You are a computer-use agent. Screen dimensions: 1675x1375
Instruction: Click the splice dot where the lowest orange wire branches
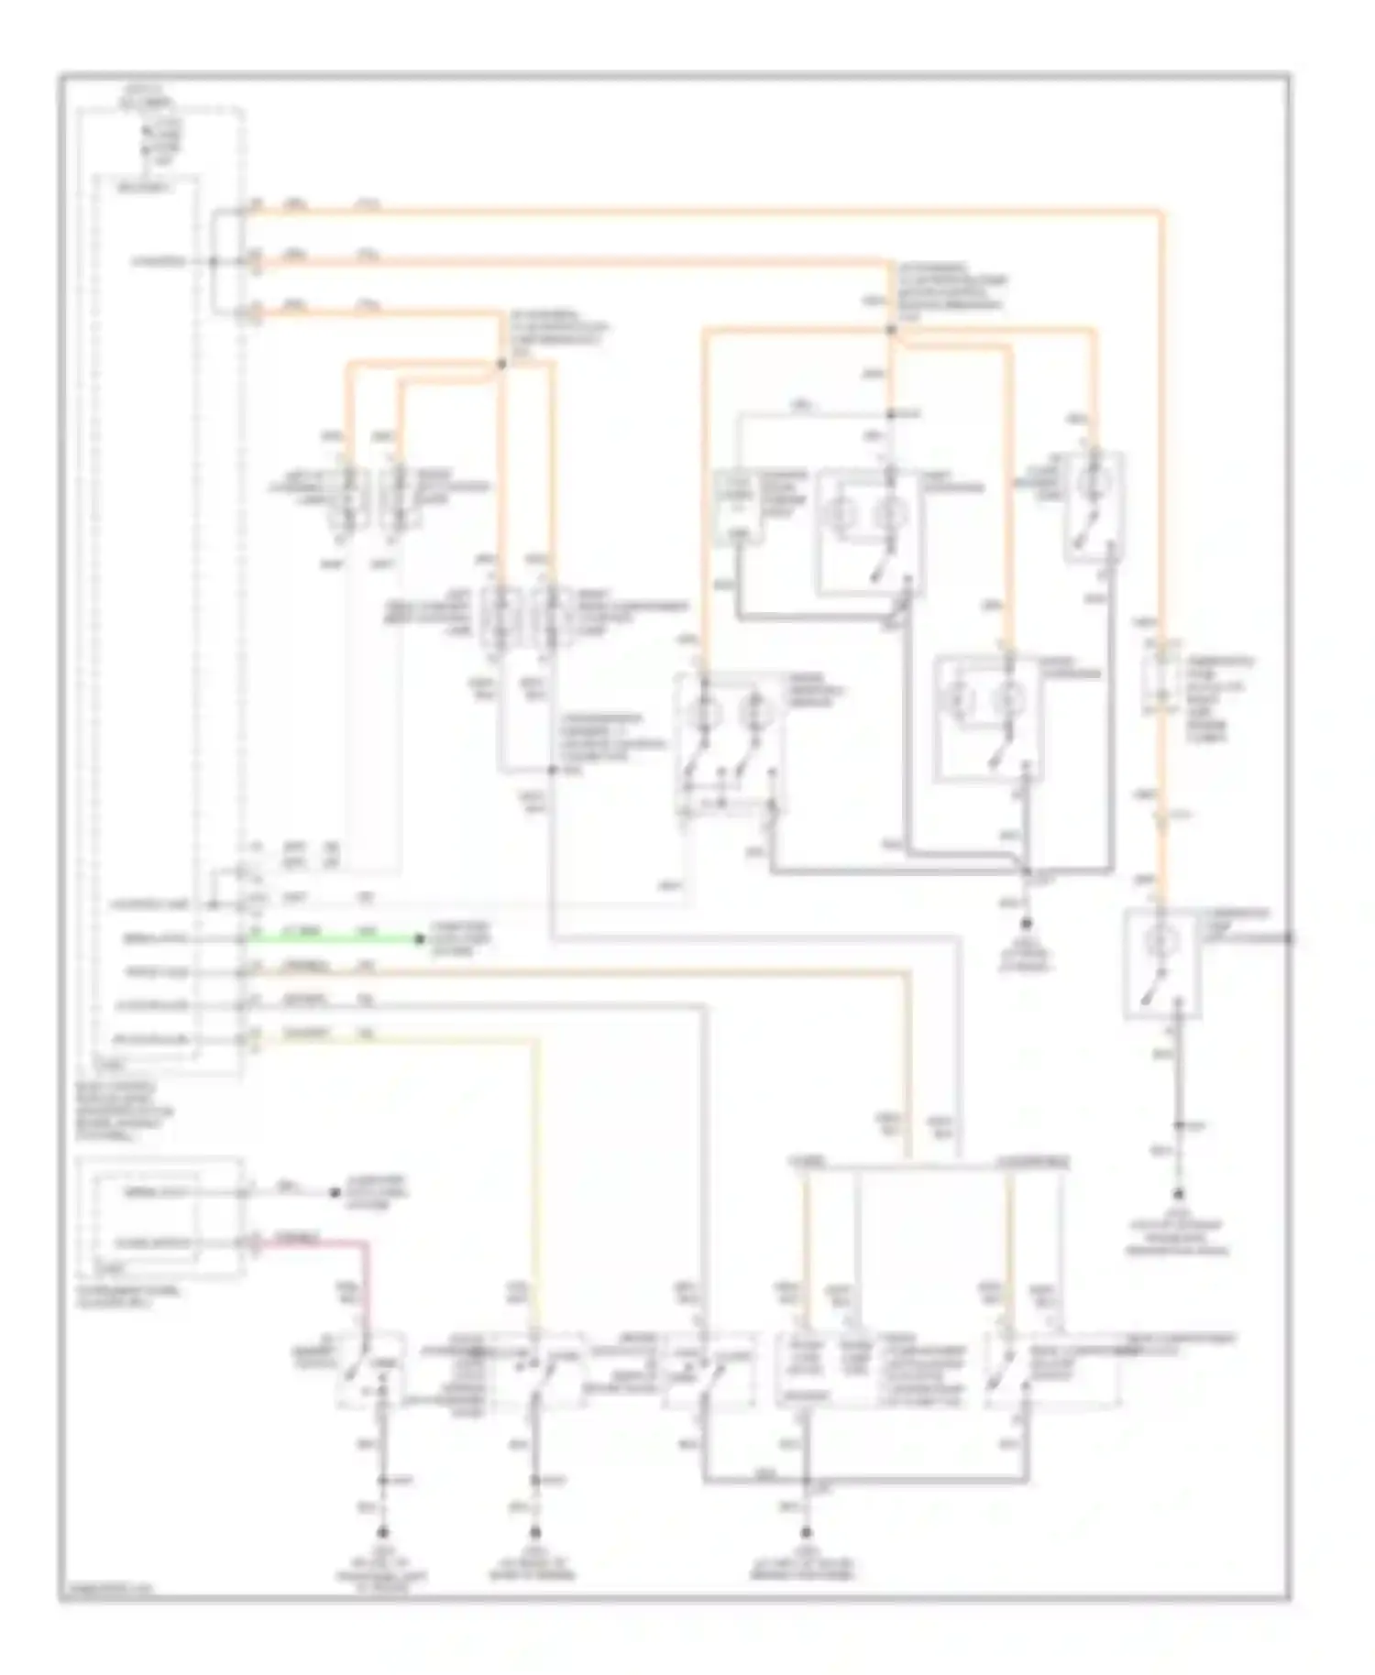(x=500, y=364)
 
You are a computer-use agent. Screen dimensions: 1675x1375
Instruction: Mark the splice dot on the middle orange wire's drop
(x=889, y=328)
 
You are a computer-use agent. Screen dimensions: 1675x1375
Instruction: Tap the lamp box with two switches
(x=730, y=742)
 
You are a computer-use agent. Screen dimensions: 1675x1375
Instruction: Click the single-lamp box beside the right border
(x=1162, y=962)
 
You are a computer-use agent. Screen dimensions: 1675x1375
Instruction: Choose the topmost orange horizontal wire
(x=697, y=212)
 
